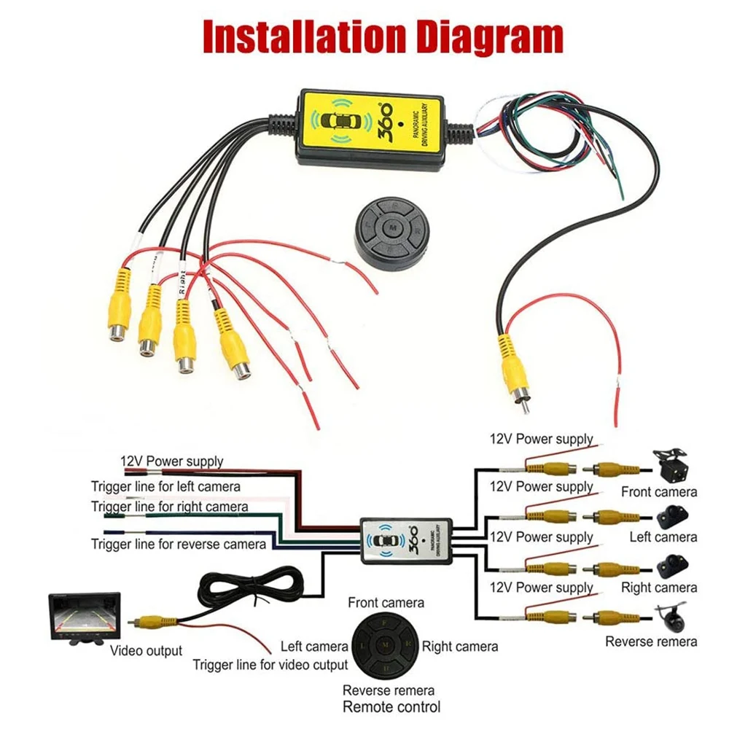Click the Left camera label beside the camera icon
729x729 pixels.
663,537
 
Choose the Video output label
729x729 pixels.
147,650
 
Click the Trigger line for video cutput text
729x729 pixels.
270,665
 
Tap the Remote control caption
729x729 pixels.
391,706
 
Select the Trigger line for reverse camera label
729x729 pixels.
179,544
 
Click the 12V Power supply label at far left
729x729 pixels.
171,461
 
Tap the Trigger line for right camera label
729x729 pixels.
169,506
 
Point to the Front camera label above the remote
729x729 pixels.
386,603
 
